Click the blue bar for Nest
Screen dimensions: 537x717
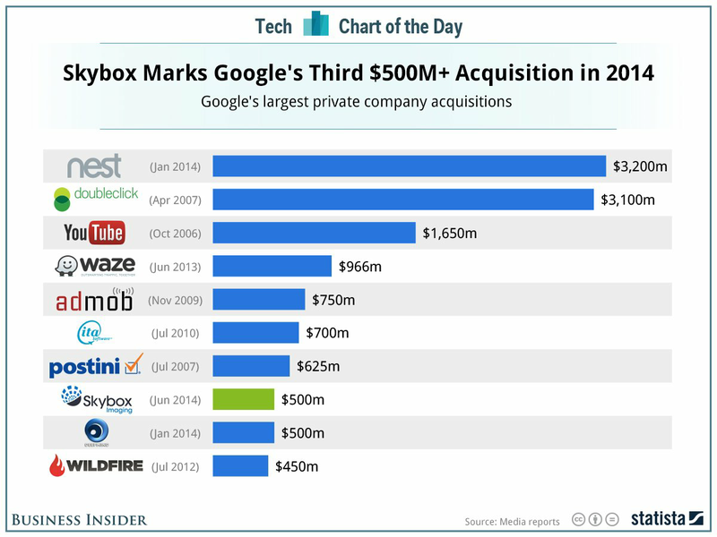coord(409,166)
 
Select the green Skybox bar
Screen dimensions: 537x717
coord(243,399)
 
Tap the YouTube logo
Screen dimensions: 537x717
coord(94,234)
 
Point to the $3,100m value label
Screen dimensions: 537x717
coord(629,200)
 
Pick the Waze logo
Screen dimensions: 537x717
coord(94,266)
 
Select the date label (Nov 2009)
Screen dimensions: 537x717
coord(175,300)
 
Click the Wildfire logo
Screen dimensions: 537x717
coord(94,466)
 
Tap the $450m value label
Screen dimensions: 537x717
coord(296,466)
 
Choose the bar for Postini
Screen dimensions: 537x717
coord(251,366)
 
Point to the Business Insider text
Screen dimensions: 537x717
coord(80,519)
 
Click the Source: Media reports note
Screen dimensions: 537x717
coord(512,521)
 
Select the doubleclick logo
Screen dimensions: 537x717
coord(94,198)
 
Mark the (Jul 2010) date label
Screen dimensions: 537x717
coord(175,333)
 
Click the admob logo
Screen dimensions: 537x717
coord(94,300)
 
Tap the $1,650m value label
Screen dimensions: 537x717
coord(450,234)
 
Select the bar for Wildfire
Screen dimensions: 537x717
coord(240,466)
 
